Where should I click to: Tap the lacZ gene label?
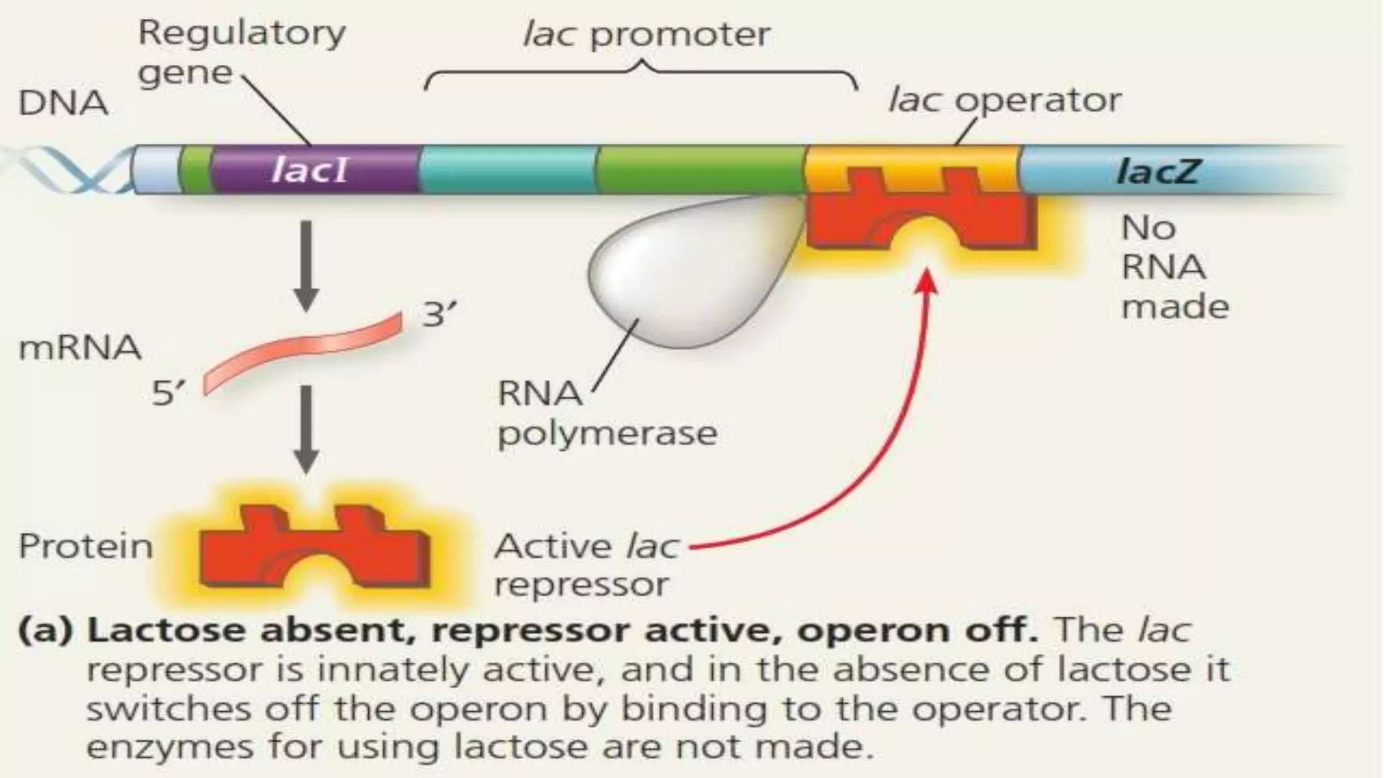tap(1157, 171)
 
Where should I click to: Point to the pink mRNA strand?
tap(304, 351)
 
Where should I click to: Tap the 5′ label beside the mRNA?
tap(168, 393)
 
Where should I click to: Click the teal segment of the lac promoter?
tap(507, 169)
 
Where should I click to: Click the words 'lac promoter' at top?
tap(646, 34)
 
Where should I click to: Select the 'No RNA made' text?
tap(1173, 267)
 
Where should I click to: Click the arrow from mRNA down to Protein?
tap(306, 429)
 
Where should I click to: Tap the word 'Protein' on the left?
tap(86, 546)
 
